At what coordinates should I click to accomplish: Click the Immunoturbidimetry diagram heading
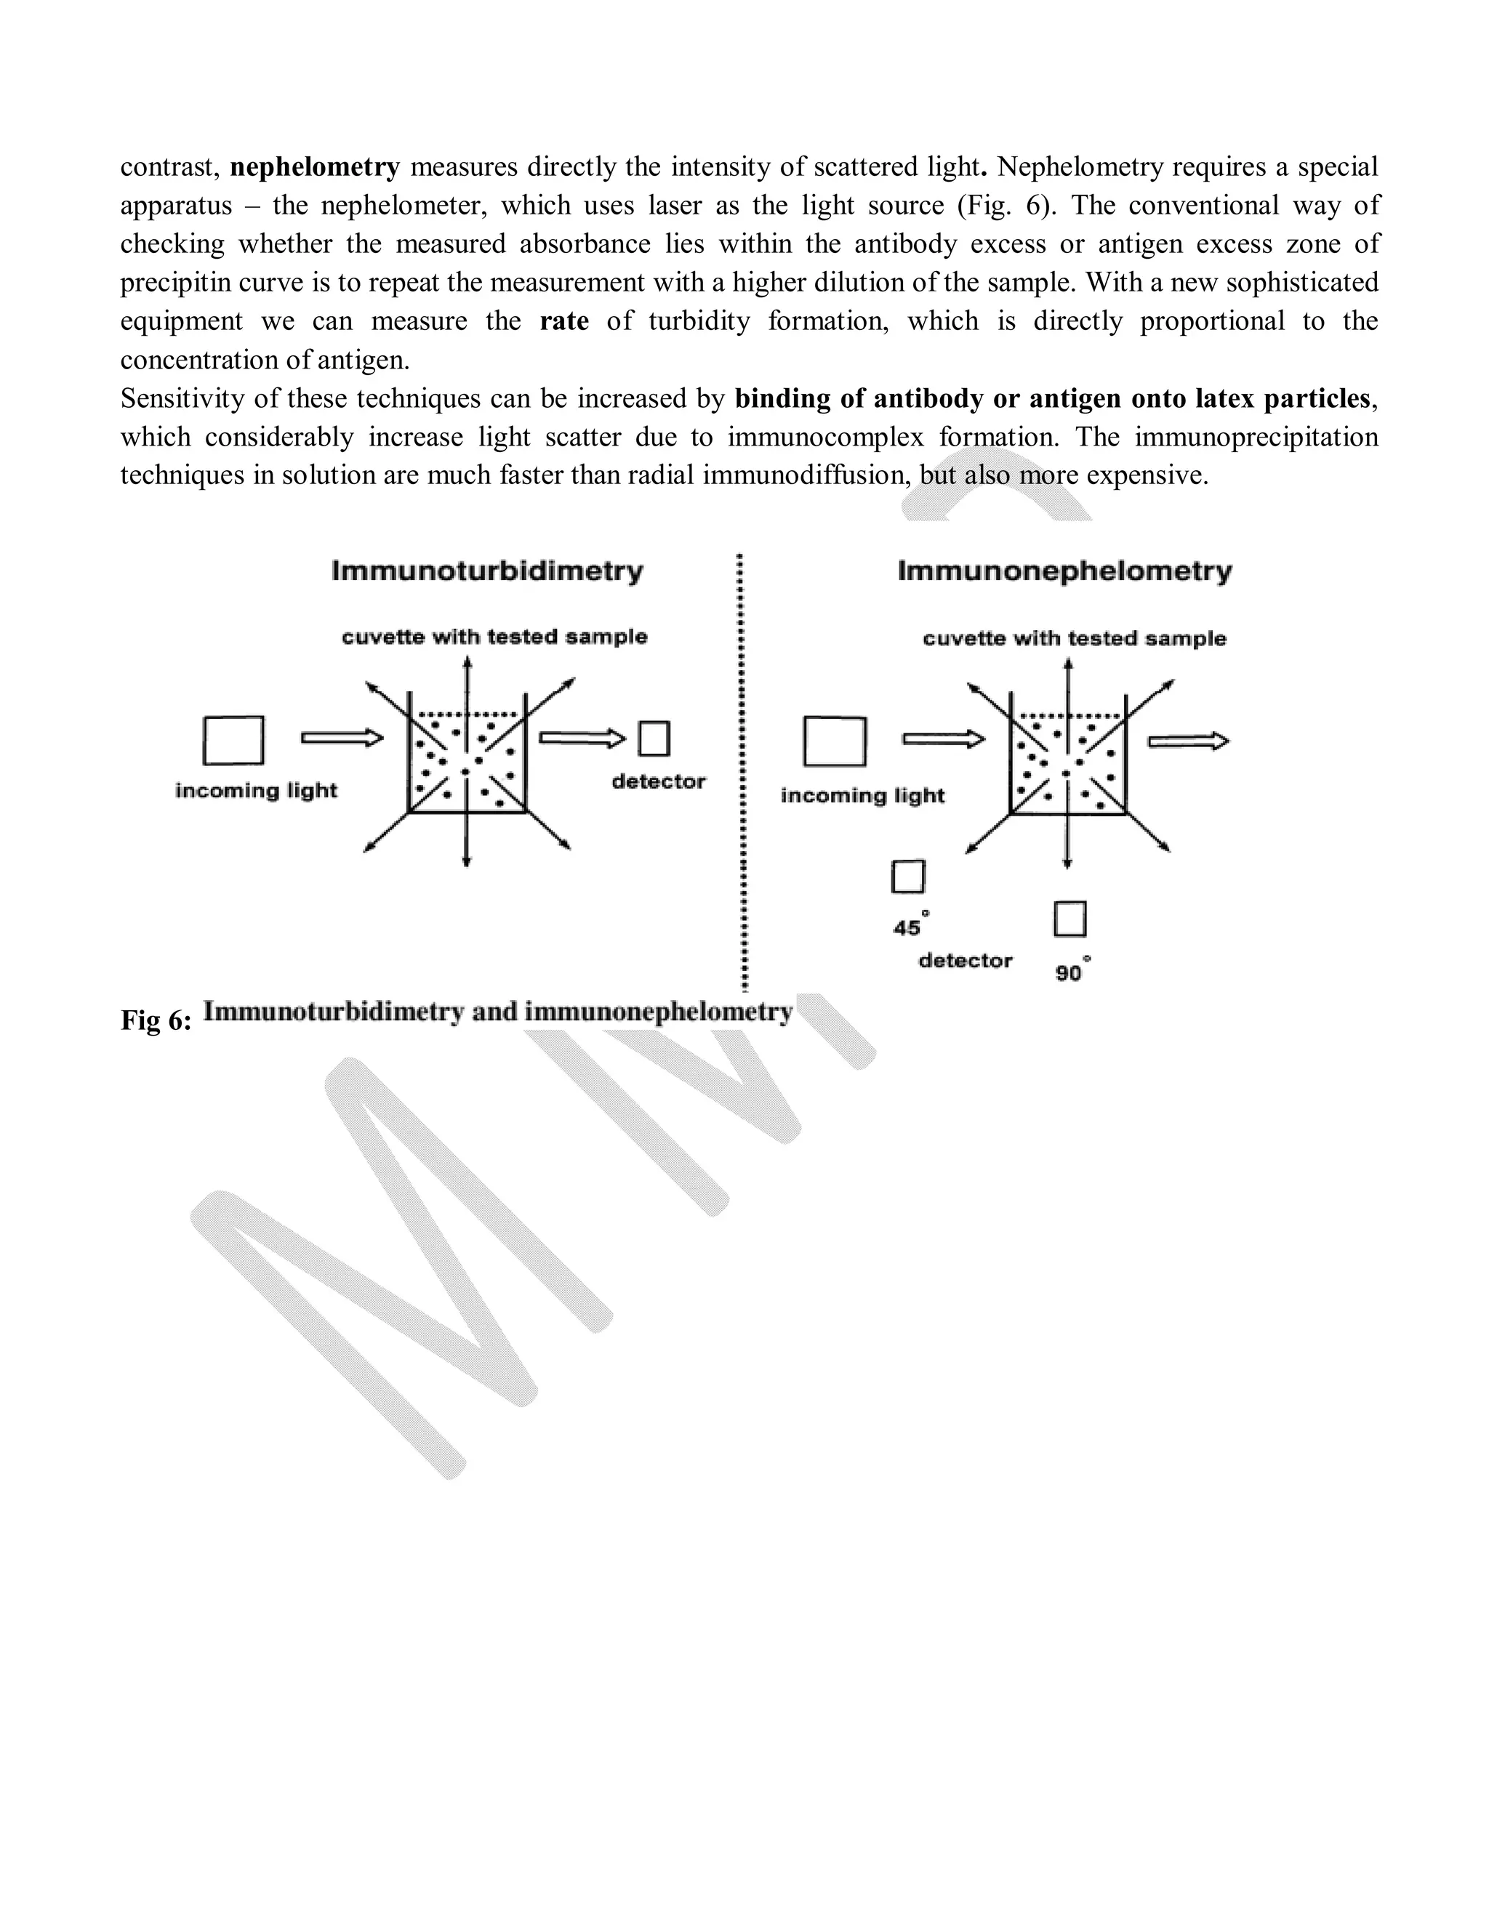(x=487, y=571)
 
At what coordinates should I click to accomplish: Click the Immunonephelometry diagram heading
(x=1064, y=571)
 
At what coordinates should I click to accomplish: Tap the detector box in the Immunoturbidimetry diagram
(x=654, y=738)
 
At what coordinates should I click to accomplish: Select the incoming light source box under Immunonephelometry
(x=834, y=741)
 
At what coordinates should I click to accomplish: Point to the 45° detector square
(x=907, y=877)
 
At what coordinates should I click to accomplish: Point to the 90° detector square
(x=1069, y=918)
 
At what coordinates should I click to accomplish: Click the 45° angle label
(x=909, y=927)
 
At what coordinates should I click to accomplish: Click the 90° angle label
(x=1070, y=972)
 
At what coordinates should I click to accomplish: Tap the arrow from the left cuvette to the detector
(x=582, y=738)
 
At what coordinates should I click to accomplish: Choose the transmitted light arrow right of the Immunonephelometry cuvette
(x=1187, y=741)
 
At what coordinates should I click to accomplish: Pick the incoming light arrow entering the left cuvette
(x=342, y=738)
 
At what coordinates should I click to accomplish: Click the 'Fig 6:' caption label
(x=156, y=1020)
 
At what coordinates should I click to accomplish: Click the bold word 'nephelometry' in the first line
(x=315, y=166)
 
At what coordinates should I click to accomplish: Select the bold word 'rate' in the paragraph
(x=563, y=321)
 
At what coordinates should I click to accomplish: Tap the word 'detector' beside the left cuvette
(x=658, y=781)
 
